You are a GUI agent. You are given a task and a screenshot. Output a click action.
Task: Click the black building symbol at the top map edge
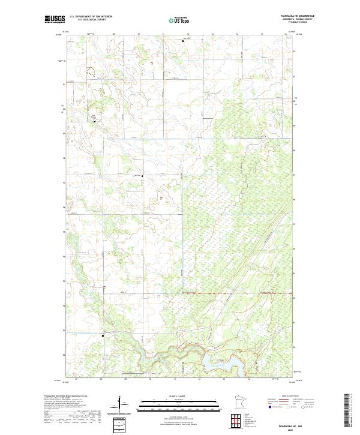click(184, 41)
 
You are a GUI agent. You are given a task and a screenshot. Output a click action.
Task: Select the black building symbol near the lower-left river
click(103, 336)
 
